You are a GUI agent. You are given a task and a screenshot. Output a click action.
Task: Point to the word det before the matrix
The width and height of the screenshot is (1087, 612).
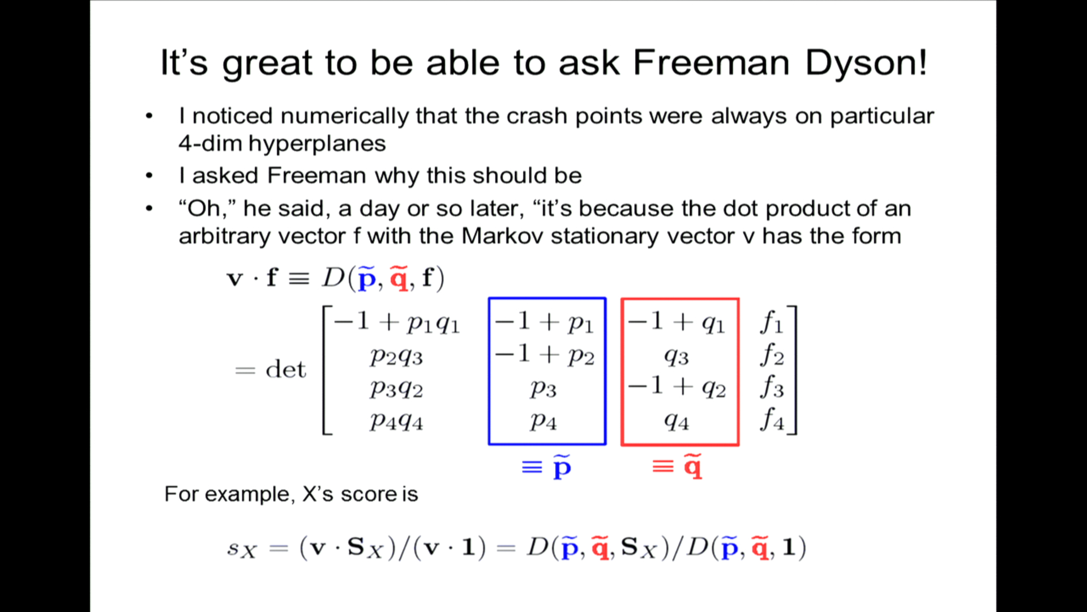285,369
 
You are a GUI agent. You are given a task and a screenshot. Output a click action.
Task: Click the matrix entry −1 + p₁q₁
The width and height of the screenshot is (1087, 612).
397,322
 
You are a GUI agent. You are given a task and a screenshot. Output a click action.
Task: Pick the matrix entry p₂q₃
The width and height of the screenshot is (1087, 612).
396,357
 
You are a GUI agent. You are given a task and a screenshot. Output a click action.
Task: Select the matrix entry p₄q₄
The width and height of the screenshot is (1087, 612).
396,422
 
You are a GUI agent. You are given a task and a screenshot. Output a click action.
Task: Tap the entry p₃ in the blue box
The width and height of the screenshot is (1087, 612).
543,389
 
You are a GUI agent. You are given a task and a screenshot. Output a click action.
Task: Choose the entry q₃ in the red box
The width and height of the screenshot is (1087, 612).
677,357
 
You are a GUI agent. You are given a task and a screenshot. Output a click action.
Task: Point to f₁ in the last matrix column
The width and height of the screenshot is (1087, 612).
772,322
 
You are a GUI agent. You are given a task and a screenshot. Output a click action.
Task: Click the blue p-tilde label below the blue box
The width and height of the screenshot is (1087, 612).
562,467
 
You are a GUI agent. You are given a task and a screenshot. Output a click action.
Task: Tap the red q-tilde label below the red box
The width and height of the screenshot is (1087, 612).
693,467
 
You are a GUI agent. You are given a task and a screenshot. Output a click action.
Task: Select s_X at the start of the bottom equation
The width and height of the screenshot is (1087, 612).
242,549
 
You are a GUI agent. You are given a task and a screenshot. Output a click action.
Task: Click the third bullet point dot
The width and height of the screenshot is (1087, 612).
149,209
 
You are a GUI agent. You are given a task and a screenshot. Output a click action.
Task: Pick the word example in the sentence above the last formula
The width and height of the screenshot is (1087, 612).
249,495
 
